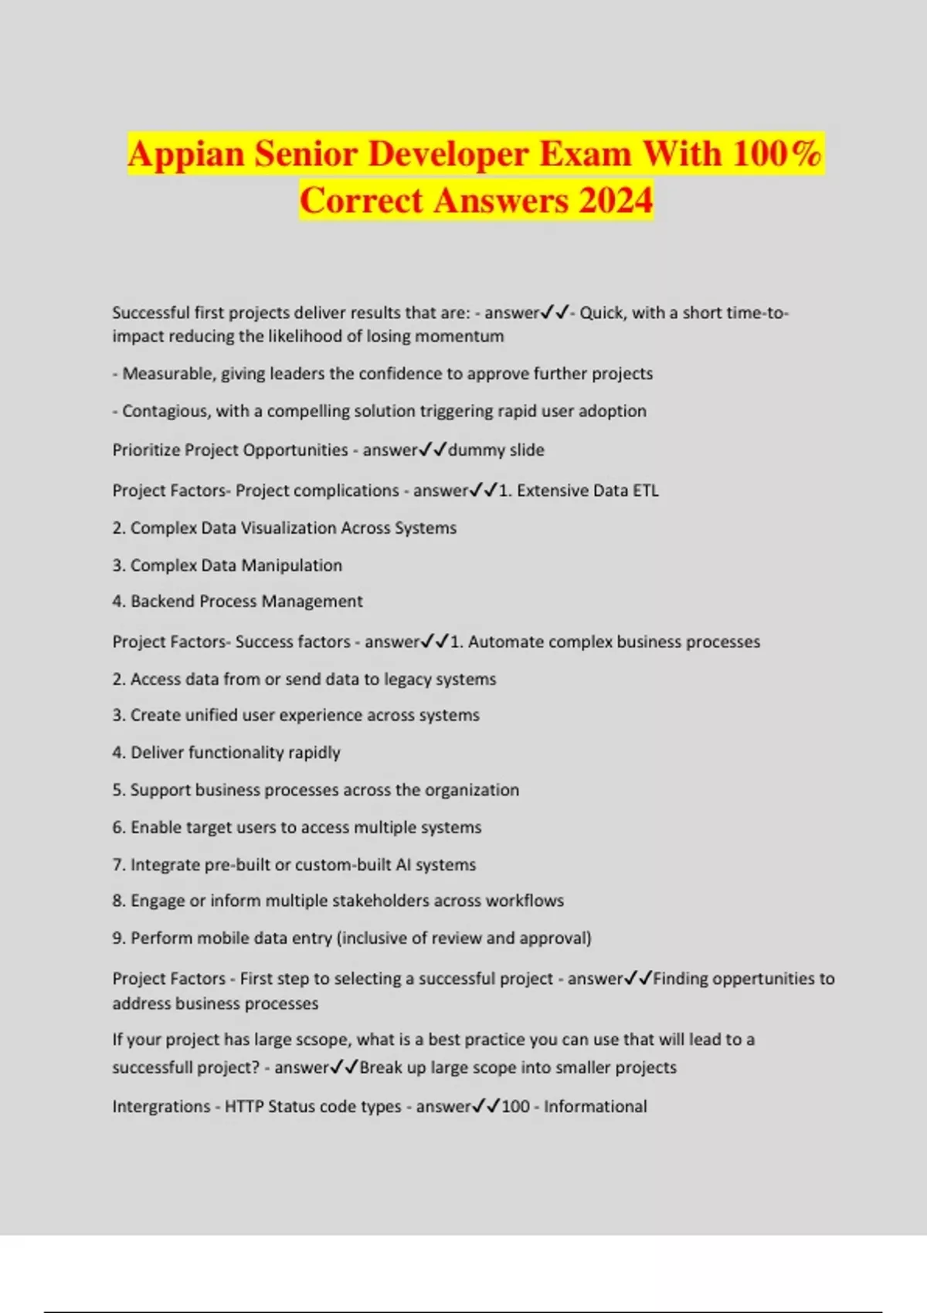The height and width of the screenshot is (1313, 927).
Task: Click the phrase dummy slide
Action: [496, 450]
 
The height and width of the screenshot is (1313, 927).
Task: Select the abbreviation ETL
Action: [643, 490]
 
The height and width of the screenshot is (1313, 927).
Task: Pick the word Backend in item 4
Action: [162, 602]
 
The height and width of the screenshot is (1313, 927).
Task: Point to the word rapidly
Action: [314, 753]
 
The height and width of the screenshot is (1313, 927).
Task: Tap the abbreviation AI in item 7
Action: [403, 865]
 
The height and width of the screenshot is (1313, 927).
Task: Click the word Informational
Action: [595, 1107]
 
